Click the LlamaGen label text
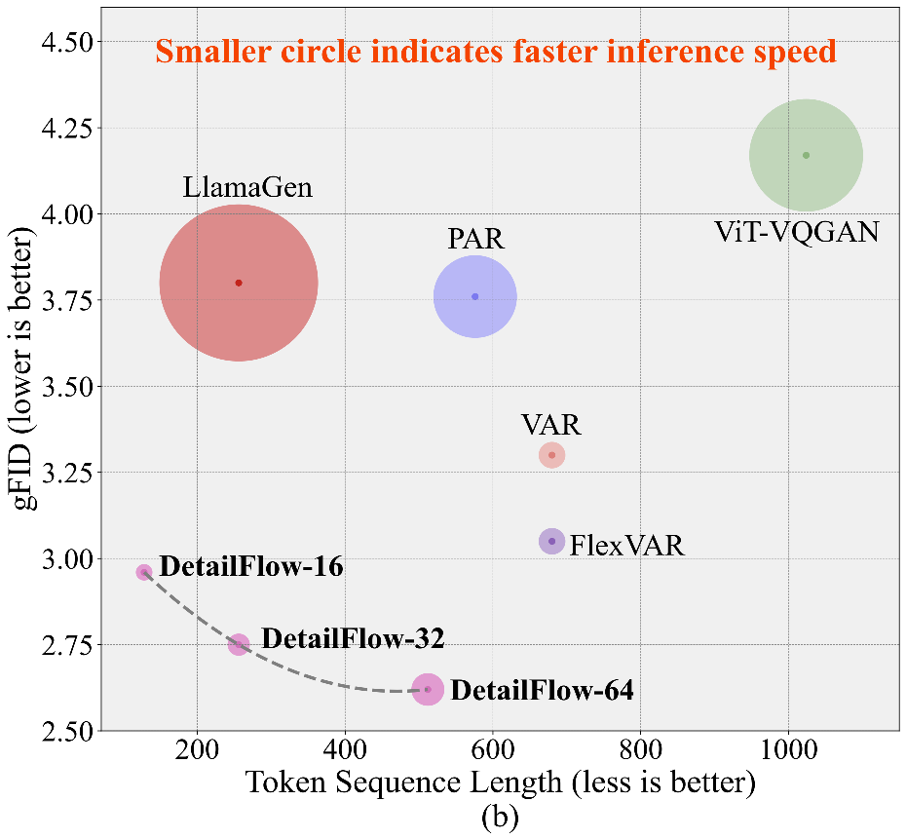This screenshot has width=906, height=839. pyautogui.click(x=247, y=187)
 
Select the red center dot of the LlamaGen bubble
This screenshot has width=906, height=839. pyautogui.click(x=239, y=283)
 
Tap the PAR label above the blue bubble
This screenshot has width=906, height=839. pyautogui.click(x=475, y=240)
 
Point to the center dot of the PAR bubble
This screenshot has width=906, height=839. pyautogui.click(x=475, y=296)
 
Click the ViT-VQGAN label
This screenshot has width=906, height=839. pyautogui.click(x=797, y=232)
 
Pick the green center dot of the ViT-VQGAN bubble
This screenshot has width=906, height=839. pyautogui.click(x=806, y=155)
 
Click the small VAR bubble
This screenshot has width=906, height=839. pyautogui.click(x=552, y=455)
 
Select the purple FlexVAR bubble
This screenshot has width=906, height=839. pyautogui.click(x=552, y=541)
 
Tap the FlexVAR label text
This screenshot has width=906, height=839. pyautogui.click(x=627, y=545)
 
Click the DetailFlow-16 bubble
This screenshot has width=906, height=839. pyautogui.click(x=144, y=572)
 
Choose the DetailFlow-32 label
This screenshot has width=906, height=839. pyautogui.click(x=353, y=639)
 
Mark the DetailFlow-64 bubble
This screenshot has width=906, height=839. pyautogui.click(x=428, y=689)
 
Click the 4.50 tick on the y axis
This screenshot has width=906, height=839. pyautogui.click(x=68, y=42)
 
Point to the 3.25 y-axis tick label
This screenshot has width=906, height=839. pyautogui.click(x=68, y=474)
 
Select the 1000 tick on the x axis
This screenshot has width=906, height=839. pyautogui.click(x=788, y=752)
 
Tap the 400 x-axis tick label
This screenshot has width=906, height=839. pyautogui.click(x=345, y=752)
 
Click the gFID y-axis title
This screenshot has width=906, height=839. pyautogui.click(x=25, y=370)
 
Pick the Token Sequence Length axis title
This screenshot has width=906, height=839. pyautogui.click(x=501, y=782)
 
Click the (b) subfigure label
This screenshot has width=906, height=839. pyautogui.click(x=501, y=817)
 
